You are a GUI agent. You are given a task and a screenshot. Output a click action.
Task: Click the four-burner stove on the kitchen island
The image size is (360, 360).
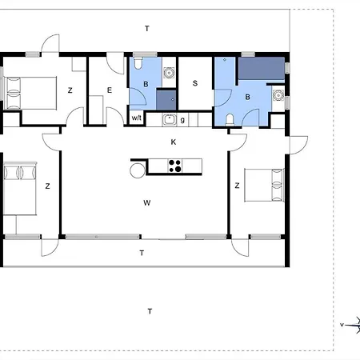[x=175, y=166]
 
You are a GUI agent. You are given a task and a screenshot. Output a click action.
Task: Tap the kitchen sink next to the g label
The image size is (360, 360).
[x=169, y=119]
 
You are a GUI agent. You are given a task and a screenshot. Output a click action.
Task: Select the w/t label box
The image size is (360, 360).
[x=137, y=118]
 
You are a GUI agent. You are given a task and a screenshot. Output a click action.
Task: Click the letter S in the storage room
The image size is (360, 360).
[x=195, y=83]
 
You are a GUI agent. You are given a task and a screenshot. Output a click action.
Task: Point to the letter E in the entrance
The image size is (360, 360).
[x=110, y=90]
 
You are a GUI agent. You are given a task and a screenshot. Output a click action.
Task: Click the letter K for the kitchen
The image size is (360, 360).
[x=174, y=142]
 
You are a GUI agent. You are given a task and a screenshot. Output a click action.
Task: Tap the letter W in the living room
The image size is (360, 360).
[x=147, y=203]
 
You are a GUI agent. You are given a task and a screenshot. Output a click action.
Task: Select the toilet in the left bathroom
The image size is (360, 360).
[x=138, y=63]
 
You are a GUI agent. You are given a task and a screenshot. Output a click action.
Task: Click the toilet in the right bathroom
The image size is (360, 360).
[x=230, y=119]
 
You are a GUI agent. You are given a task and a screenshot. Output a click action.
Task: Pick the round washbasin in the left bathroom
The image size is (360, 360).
[x=169, y=73]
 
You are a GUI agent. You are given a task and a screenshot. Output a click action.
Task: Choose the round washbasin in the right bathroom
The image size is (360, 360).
[x=278, y=95]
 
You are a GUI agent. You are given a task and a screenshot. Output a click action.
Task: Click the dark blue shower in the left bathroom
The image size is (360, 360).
[x=166, y=100]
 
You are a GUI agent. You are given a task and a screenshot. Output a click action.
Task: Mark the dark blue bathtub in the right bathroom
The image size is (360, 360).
[x=262, y=68]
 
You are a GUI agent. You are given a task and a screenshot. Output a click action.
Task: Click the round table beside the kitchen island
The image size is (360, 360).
[x=138, y=170]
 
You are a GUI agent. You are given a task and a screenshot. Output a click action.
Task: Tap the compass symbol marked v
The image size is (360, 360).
[x=350, y=325]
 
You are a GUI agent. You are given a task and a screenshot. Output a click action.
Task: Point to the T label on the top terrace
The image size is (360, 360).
[x=147, y=28]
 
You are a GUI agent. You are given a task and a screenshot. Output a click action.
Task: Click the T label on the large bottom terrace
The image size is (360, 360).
[x=150, y=311]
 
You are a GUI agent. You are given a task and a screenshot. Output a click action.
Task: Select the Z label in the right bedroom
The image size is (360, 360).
[x=237, y=186]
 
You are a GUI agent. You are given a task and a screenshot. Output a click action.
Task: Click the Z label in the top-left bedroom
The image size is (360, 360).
[x=70, y=90]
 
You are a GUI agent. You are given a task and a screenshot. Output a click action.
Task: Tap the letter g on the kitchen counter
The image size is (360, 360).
[x=182, y=120]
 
